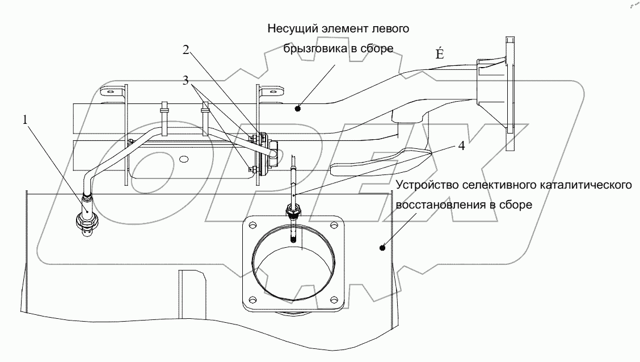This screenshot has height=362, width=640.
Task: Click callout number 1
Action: pyautogui.click(x=26, y=120)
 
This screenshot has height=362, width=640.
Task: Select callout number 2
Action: pyautogui.click(x=186, y=50)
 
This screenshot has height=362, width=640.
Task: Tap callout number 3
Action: pyautogui.click(x=186, y=81)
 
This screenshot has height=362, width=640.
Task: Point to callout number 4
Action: pyautogui.click(x=461, y=145)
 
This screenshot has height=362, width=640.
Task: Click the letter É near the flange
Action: pyautogui.click(x=439, y=53)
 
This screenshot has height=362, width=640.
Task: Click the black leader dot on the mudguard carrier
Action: pyautogui.click(x=297, y=109)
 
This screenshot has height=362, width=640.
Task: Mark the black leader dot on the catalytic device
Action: pyautogui.click(x=382, y=247)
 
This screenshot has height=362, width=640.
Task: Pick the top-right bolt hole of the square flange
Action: pyautogui.click(x=335, y=225)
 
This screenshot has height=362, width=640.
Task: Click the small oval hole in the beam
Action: pyautogui.click(x=184, y=159)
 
